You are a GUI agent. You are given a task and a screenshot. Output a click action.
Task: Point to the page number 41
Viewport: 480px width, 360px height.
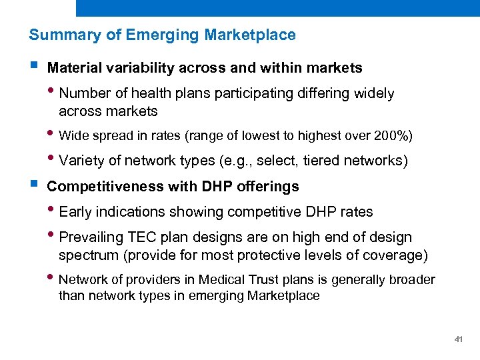tap(458, 339)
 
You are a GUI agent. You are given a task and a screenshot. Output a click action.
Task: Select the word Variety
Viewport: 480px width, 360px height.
tap(81, 161)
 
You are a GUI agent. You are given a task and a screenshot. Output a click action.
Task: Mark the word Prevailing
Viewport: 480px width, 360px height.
tap(91, 238)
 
